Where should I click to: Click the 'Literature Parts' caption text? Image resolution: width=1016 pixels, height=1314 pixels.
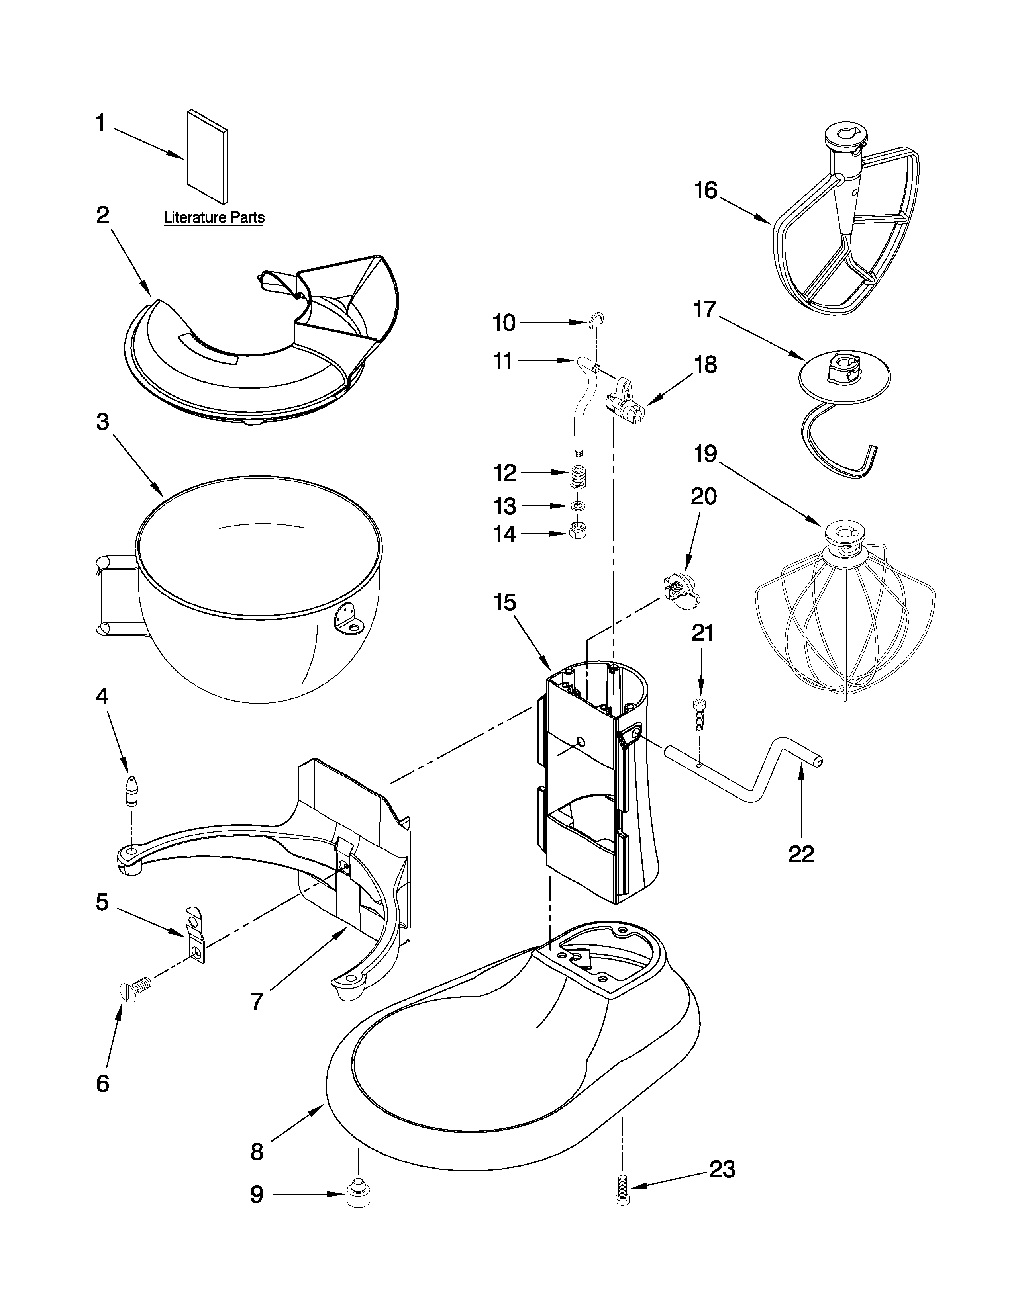214,217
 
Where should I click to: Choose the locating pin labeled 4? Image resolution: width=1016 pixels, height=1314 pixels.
131,790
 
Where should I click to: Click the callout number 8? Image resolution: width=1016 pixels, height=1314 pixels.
257,1152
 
